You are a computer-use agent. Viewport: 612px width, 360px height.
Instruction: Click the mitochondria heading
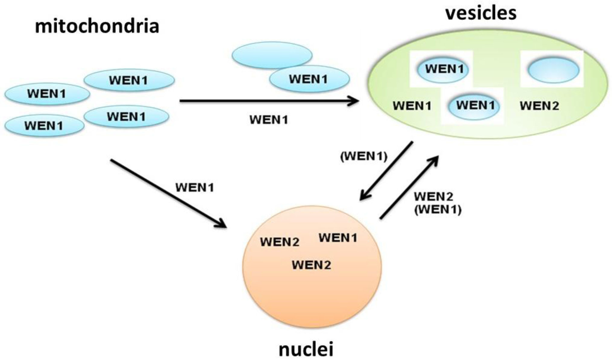97,26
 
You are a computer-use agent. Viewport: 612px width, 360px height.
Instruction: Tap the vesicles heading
481,13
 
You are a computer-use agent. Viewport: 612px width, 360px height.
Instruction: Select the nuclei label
306,350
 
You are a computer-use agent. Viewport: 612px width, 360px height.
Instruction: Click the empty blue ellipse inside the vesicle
553,70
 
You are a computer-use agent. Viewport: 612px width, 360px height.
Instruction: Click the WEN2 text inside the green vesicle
539,106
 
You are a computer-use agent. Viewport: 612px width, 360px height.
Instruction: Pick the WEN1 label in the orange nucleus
338,238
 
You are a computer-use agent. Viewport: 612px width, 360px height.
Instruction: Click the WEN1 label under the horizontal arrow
269,120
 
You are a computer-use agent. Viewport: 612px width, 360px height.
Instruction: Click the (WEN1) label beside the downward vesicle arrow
363,157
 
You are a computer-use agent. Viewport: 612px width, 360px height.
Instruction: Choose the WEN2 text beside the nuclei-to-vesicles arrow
433,197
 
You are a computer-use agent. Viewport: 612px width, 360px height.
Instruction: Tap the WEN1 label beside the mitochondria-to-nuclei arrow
195,188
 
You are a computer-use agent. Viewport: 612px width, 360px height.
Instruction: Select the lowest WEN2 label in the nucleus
311,265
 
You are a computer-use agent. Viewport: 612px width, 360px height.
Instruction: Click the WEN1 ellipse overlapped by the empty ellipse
309,79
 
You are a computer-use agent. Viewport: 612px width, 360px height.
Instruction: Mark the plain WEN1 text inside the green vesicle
412,106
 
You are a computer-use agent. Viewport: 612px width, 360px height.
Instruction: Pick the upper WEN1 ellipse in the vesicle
444,69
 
